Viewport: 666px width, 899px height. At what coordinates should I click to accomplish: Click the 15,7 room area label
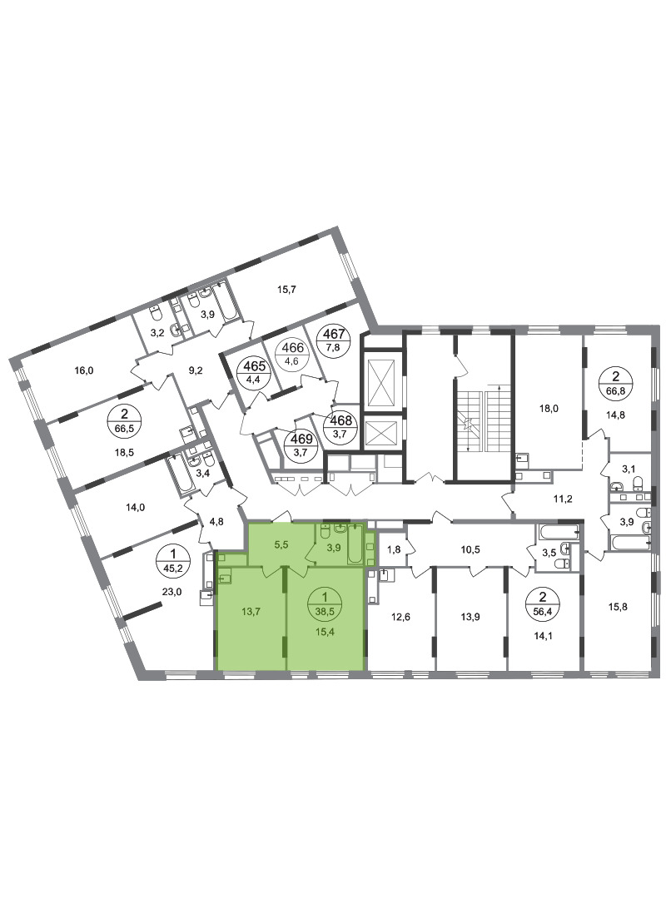tap(286, 290)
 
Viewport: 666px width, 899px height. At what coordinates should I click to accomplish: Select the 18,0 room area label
tap(549, 409)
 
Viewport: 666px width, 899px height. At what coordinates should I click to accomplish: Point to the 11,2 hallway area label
tap(563, 499)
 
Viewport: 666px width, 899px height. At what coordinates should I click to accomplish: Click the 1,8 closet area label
tap(394, 550)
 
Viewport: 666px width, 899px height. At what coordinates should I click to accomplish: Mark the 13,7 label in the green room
tap(251, 612)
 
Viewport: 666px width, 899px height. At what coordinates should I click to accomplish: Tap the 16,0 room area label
tap(84, 370)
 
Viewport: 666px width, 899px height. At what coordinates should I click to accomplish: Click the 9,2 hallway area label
tap(196, 370)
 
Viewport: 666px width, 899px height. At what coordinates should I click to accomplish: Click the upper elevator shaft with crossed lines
tap(381, 382)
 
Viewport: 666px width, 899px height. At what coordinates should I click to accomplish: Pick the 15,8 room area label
tap(616, 606)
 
